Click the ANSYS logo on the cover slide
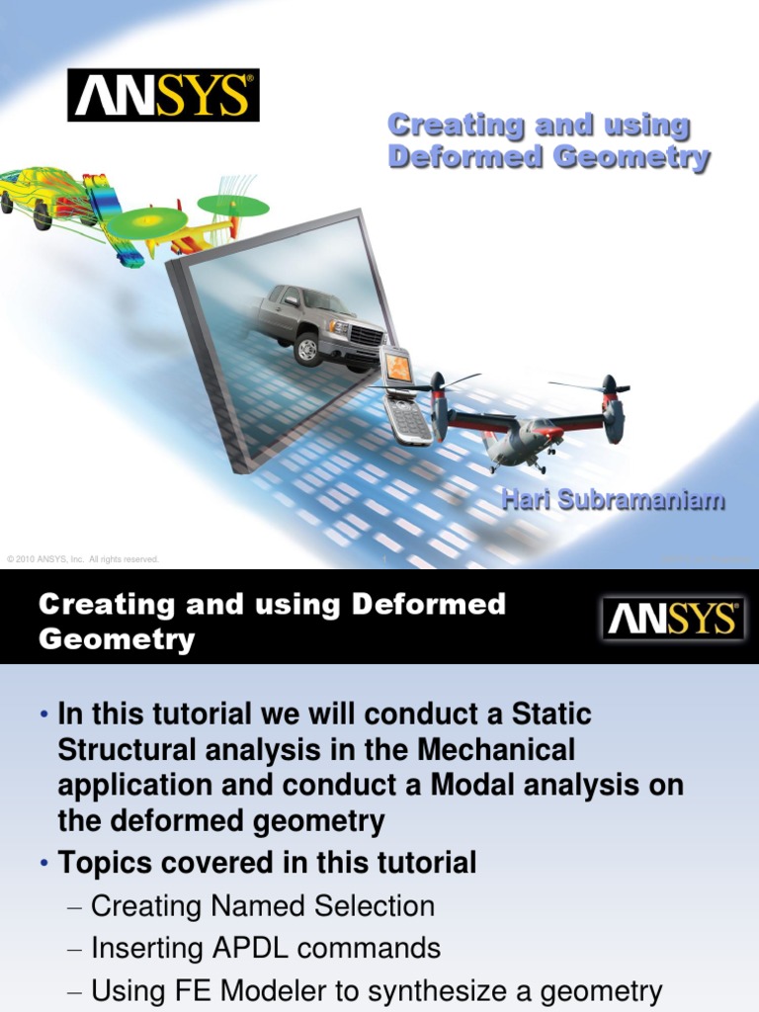[163, 97]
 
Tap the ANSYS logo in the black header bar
[672, 620]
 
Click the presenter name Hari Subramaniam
[613, 500]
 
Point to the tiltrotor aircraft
[529, 425]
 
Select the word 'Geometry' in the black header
[117, 639]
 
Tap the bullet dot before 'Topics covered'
[44, 864]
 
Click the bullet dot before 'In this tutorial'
[44, 715]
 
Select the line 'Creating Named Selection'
[262, 906]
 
